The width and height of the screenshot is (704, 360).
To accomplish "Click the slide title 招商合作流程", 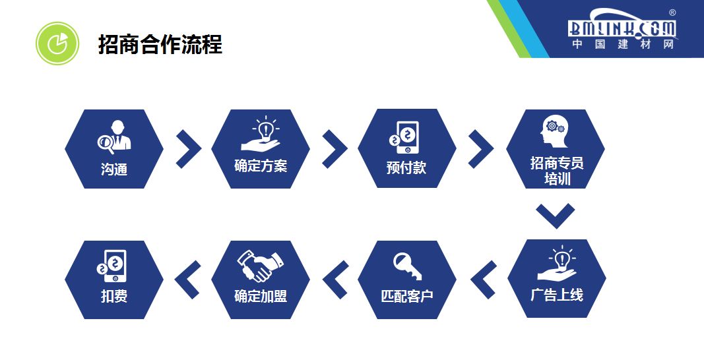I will click(x=160, y=45).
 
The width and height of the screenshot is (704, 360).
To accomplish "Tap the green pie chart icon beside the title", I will click(x=57, y=43).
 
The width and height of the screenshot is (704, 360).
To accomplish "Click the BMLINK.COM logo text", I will click(x=622, y=28).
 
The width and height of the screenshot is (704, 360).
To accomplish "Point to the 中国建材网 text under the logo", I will click(x=622, y=45).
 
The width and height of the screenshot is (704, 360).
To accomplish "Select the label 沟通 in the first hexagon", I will click(x=113, y=169).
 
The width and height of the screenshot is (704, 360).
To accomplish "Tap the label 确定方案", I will click(x=261, y=165).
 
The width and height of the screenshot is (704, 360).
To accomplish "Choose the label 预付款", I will click(x=406, y=168).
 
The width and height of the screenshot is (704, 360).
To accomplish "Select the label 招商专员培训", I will click(x=557, y=171).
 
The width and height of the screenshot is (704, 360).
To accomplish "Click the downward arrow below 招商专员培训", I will click(x=555, y=215).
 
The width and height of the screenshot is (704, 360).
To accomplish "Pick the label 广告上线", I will click(x=557, y=295).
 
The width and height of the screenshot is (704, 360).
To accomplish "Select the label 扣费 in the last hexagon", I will click(x=113, y=297).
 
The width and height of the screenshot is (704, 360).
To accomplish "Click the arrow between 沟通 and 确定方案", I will click(x=189, y=148).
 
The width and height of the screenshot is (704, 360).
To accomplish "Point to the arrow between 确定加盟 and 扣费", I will click(x=188, y=279).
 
